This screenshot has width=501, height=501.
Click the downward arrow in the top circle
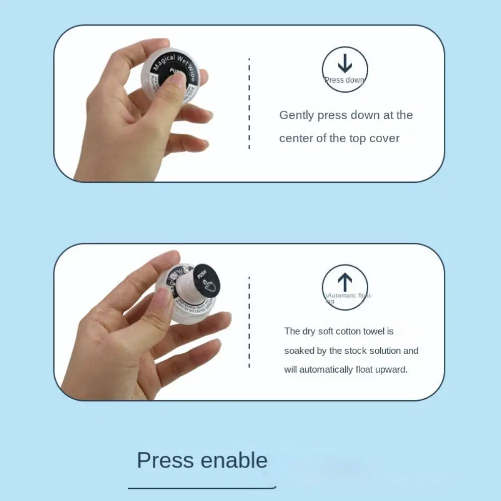click(x=345, y=64)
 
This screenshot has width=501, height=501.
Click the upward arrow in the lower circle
click(x=345, y=282)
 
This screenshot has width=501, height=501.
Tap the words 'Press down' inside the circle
click(x=345, y=80)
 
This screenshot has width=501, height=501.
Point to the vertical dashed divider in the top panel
click(x=249, y=103)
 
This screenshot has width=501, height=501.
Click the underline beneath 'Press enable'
click(x=202, y=486)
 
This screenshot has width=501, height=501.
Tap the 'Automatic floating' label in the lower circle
click(x=348, y=297)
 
